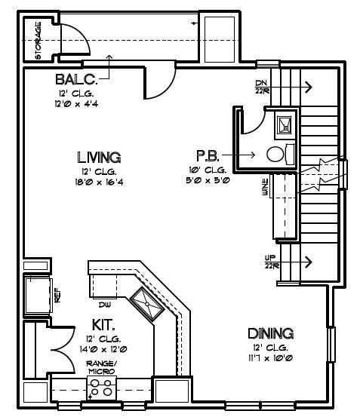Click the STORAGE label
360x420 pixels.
point(38,41)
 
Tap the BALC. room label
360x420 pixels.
point(76,79)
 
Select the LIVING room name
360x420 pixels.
point(99,158)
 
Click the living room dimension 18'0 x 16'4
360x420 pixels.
point(99,182)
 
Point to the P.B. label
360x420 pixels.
point(208,156)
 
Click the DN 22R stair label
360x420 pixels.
point(262,87)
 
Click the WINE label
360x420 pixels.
point(266,187)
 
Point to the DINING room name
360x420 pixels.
point(270,333)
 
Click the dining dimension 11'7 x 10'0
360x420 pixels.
point(270,358)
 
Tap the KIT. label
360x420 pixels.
point(103,325)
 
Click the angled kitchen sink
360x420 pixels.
point(147,303)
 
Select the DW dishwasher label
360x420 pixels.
point(105,305)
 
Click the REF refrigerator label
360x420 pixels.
point(57,296)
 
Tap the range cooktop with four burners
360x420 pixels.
point(101,388)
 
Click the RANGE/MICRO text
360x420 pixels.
point(101,367)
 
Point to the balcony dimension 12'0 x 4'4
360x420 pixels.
point(76,103)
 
